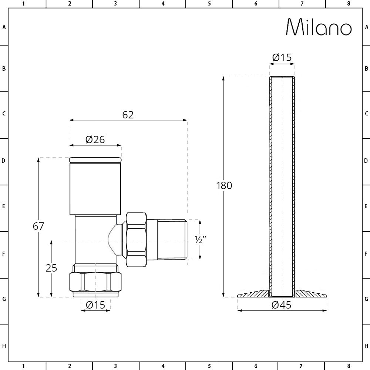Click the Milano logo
pyautogui.click(x=319, y=27)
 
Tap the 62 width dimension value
pyautogui.click(x=128, y=115)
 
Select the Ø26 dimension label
pyautogui.click(x=95, y=139)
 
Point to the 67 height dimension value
pyautogui.click(x=38, y=226)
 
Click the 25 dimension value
pyautogui.click(x=51, y=268)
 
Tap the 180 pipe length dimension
pyautogui.click(x=224, y=185)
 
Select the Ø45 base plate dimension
pyautogui.click(x=281, y=305)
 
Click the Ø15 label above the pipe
pyautogui.click(x=282, y=58)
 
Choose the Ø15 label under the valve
pyautogui.click(x=95, y=305)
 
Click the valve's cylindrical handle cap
pyautogui.click(x=95, y=187)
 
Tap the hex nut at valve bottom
pyautogui.click(x=95, y=282)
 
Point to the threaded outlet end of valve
pyautogui.click(x=172, y=239)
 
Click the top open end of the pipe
pyautogui.click(x=282, y=77)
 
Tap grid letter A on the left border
pyautogui.click(x=4, y=27)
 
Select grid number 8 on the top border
pyautogui.click(x=348, y=4)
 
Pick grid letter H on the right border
pyautogui.click(x=366, y=346)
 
